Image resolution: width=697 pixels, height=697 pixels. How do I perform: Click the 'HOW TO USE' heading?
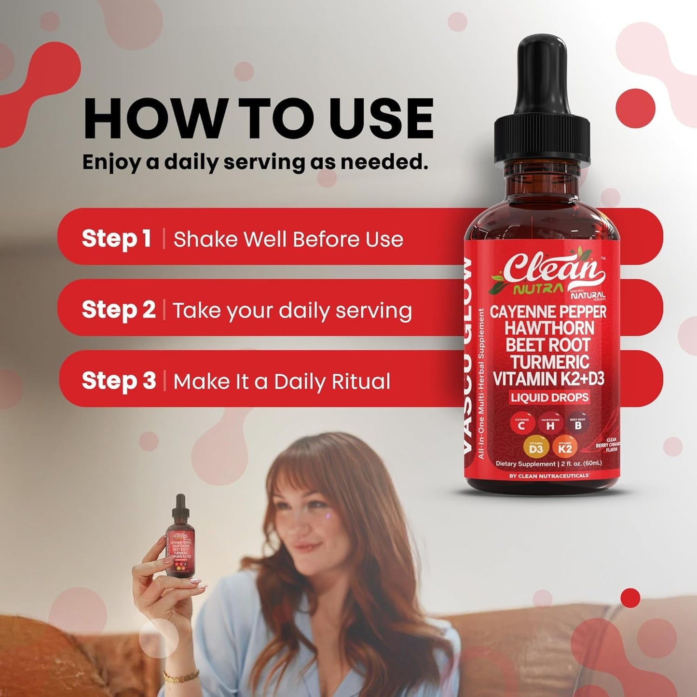258,119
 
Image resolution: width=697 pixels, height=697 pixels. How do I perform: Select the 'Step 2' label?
119,310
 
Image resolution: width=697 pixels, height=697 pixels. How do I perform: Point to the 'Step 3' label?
119,381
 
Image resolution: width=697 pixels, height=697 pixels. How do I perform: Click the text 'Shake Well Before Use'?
288,239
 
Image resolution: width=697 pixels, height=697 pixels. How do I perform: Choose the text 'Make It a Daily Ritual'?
282,382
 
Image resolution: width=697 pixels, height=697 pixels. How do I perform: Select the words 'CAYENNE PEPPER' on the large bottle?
548,312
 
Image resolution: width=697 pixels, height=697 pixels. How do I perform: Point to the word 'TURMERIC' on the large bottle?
550,362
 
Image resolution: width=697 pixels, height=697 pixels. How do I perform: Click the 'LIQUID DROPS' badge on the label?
550,397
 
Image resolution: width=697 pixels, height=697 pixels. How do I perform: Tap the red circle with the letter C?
521,424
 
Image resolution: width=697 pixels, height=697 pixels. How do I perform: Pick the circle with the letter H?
550,424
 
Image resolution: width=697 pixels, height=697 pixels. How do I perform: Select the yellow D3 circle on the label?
536,448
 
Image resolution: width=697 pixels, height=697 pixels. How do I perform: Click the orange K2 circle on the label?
565,448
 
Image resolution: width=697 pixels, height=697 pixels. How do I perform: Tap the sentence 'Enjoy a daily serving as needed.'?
255,163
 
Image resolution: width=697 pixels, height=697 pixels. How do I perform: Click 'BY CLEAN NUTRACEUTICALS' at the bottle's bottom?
549,476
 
